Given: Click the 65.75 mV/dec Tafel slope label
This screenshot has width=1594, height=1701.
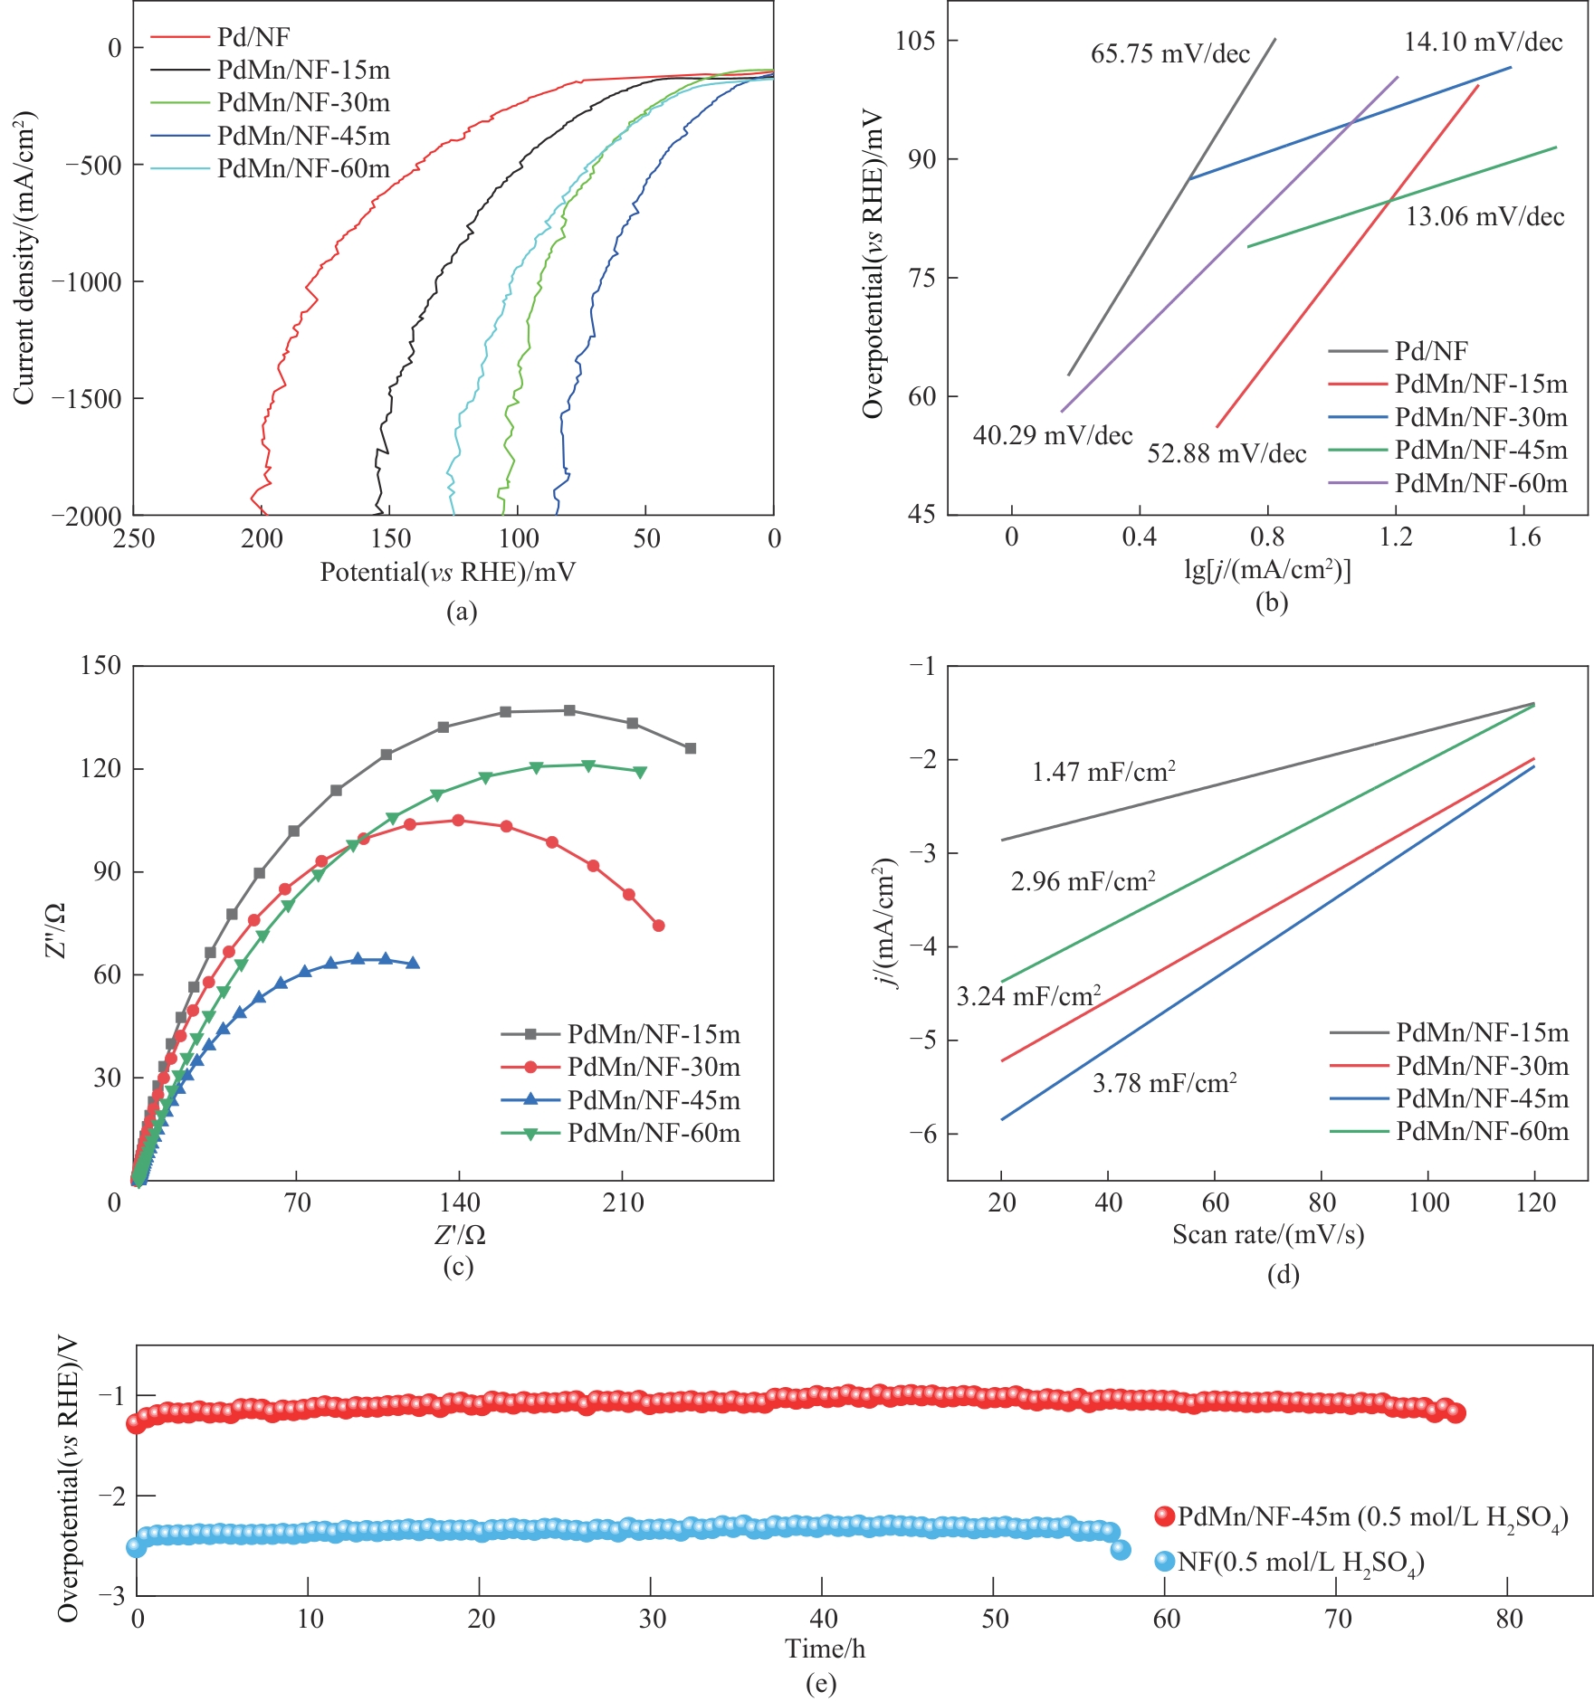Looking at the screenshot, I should tap(1169, 54).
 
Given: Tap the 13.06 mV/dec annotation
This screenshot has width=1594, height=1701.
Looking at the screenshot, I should tap(1484, 217).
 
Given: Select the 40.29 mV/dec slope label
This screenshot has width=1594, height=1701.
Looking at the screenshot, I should tap(1053, 436).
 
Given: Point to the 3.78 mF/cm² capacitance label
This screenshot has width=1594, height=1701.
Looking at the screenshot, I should tap(1164, 1083).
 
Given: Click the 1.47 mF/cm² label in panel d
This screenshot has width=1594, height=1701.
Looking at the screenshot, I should tap(1103, 772).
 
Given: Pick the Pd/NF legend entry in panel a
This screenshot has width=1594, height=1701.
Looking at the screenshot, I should tap(253, 37).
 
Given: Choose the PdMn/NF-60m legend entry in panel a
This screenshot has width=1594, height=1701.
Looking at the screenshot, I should tap(303, 169).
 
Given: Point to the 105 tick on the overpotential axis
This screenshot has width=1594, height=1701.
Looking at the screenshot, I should tap(915, 41).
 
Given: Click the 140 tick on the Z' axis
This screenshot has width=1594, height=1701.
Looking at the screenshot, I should tap(460, 1203).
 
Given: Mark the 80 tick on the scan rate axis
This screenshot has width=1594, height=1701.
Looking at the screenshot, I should tap(1322, 1203).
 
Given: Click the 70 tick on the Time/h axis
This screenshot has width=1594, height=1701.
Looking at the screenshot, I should tap(1338, 1619).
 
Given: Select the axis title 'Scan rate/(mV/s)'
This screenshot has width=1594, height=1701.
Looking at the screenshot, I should tap(1267, 1234).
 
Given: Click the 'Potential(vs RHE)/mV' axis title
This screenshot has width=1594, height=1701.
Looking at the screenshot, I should tap(447, 572).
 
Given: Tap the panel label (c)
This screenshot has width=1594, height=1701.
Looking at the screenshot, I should tap(458, 1266).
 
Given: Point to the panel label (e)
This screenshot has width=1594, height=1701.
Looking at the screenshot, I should tap(820, 1683).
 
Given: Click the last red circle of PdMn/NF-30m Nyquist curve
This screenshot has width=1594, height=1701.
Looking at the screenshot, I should tap(658, 926).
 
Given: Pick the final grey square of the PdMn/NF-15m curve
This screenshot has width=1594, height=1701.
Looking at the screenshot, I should tap(691, 748).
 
